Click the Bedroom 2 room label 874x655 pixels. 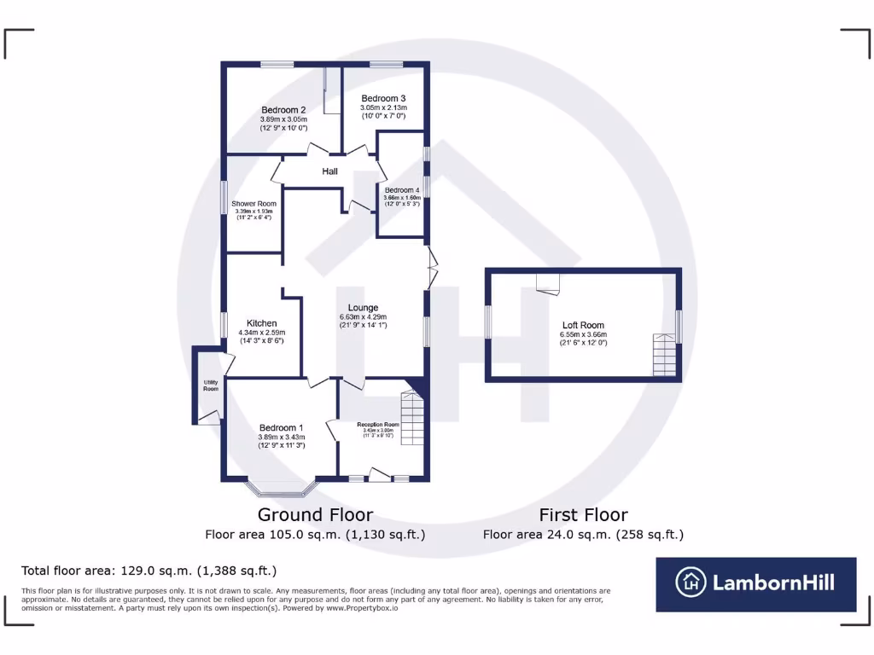click(x=284, y=110)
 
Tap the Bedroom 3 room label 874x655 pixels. click(x=383, y=98)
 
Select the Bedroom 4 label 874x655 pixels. click(x=401, y=190)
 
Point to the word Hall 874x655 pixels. click(x=330, y=172)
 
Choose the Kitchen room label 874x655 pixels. click(x=261, y=323)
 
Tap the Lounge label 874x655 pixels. click(x=363, y=308)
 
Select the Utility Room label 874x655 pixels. click(x=210, y=385)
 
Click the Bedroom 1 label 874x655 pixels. click(x=282, y=428)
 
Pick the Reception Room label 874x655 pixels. click(x=378, y=424)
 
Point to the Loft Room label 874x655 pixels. click(x=583, y=325)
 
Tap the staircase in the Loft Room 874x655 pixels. click(x=664, y=355)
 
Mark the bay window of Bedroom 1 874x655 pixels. click(x=282, y=489)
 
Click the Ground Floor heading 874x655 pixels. click(x=315, y=514)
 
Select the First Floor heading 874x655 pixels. click(x=583, y=514)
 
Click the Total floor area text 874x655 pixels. click(x=149, y=571)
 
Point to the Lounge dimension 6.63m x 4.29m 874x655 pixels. click(x=363, y=316)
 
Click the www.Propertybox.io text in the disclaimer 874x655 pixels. click(x=364, y=607)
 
